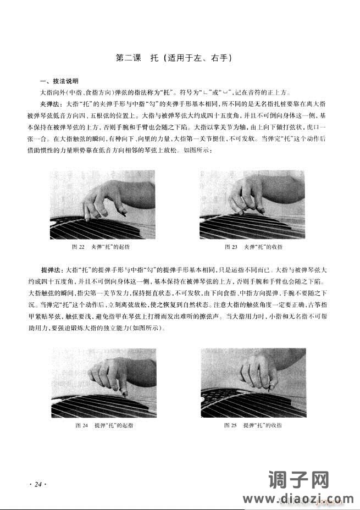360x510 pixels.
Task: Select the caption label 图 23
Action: pyautogui.click(x=231, y=247)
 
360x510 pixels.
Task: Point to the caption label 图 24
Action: pyautogui.click(x=81, y=426)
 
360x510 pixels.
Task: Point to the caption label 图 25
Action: pyautogui.click(x=230, y=426)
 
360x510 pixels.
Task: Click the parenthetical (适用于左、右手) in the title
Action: pyautogui.click(x=195, y=57)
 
